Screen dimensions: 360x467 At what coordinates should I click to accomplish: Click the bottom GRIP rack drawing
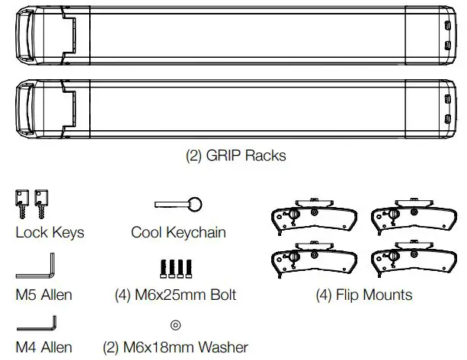point(233,109)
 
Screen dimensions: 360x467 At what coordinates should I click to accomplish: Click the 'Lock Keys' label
point(50,232)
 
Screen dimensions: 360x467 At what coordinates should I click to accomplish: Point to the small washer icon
point(175,325)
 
